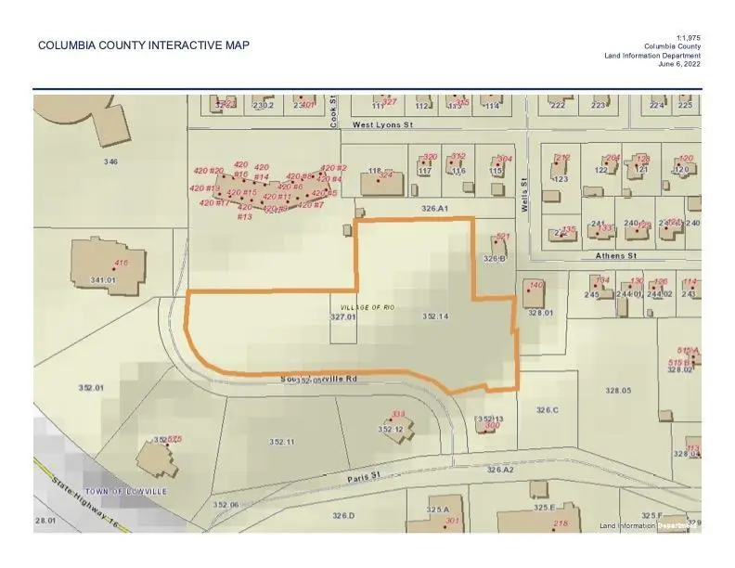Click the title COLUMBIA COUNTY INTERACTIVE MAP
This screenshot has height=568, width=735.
[144, 45]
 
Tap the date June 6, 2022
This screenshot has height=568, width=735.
[678, 65]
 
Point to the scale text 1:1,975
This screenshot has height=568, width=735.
[688, 37]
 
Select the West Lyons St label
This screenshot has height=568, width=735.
[380, 123]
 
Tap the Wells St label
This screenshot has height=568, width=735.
[524, 196]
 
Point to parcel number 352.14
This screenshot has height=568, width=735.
[435, 317]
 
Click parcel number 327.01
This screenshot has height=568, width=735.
[343, 317]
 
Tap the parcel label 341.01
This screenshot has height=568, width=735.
[102, 279]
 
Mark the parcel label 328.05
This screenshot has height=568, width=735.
[618, 391]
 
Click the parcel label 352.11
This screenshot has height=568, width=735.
[282, 441]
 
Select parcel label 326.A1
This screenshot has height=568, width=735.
[434, 210]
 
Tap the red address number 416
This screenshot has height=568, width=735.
[121, 264]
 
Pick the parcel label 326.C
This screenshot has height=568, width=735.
[547, 409]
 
